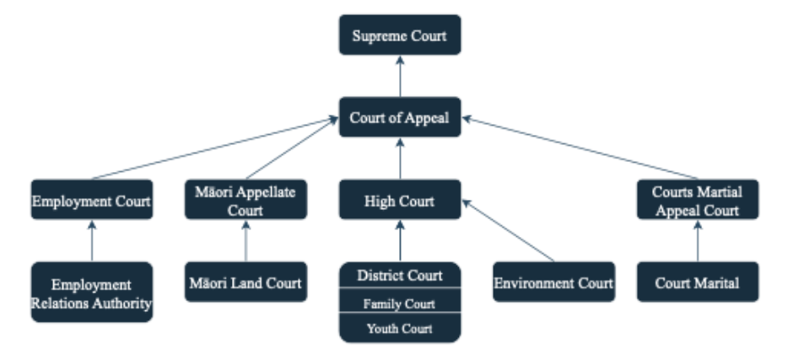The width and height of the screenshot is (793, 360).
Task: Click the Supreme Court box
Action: (x=400, y=35)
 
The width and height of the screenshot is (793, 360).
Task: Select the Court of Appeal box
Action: (x=400, y=118)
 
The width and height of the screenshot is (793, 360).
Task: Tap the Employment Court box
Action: (x=91, y=201)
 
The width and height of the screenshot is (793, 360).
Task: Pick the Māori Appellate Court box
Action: (x=245, y=201)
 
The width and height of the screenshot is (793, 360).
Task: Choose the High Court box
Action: (x=400, y=201)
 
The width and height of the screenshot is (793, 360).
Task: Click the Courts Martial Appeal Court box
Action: (x=698, y=201)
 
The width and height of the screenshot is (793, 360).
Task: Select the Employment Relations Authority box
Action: (x=92, y=292)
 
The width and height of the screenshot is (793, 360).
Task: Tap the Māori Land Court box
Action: (x=245, y=282)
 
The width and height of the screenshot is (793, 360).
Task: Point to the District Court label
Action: (x=400, y=276)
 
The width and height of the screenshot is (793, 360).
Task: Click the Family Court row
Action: (x=400, y=303)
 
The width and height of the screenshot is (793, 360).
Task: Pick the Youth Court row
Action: (x=400, y=328)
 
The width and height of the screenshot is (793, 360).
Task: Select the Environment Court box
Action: (x=553, y=282)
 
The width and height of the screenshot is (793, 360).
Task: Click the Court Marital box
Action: (x=698, y=282)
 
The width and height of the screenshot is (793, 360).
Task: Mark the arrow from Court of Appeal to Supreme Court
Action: (x=400, y=76)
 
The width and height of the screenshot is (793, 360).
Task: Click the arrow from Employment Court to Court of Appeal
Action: (x=211, y=150)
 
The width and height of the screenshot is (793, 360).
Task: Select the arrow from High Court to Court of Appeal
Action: (x=400, y=159)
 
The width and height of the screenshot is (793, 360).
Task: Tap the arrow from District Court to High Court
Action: (x=400, y=241)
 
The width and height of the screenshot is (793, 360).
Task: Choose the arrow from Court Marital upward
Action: (x=698, y=241)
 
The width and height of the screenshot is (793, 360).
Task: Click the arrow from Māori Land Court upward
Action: (x=245, y=241)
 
